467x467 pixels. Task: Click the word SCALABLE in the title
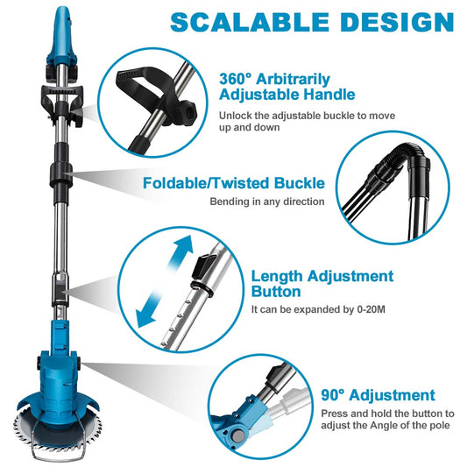coord(250,22)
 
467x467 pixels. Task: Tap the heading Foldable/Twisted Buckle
coord(234,183)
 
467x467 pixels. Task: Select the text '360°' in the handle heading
coord(236,79)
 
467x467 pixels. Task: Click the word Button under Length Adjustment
coord(276,291)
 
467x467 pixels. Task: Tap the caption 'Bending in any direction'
coord(267,202)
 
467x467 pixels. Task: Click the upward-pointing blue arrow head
coord(183,245)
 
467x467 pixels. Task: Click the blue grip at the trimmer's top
coord(62,36)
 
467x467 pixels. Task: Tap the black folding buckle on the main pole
coord(60,174)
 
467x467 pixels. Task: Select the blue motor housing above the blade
coord(59,385)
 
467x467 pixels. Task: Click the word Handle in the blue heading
coord(329,95)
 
